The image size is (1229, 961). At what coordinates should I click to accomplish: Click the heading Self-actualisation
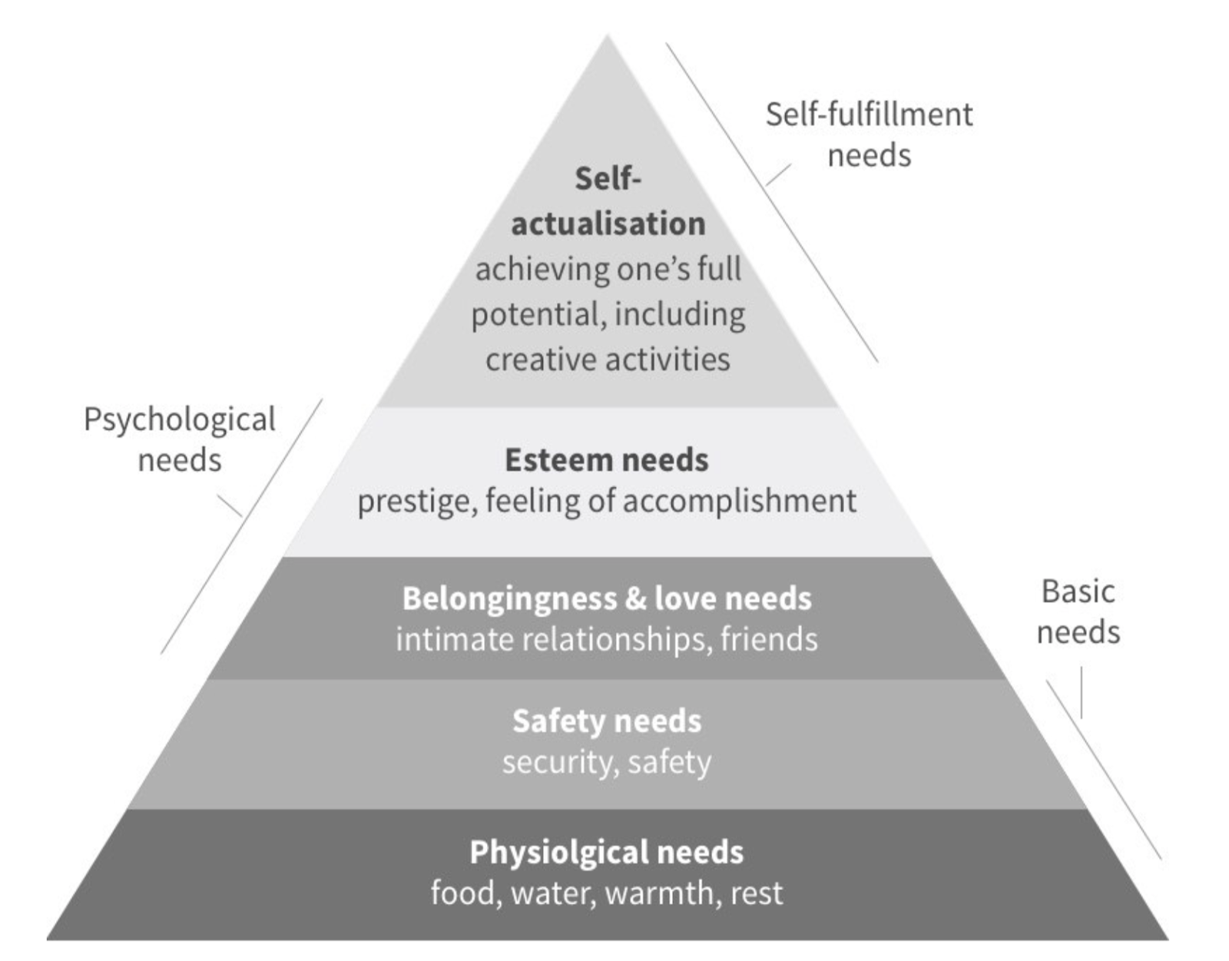click(608, 201)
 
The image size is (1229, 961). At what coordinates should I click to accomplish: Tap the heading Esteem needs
click(607, 460)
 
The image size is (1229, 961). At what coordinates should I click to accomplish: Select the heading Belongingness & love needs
click(607, 598)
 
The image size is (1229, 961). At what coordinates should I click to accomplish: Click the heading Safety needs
click(607, 721)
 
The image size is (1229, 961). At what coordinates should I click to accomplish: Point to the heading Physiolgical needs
click(607, 852)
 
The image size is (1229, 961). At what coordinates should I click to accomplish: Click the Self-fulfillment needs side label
click(869, 134)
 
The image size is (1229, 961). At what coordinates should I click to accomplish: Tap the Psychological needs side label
click(179, 439)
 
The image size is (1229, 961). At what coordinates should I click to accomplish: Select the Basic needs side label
click(1078, 611)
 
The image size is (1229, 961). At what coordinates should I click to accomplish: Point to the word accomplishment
click(739, 501)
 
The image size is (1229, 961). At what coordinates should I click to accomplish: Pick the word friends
click(769, 639)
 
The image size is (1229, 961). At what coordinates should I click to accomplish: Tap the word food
click(462, 893)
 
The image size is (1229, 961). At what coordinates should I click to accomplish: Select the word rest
click(757, 893)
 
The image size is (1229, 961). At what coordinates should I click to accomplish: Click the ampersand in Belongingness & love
click(635, 598)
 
